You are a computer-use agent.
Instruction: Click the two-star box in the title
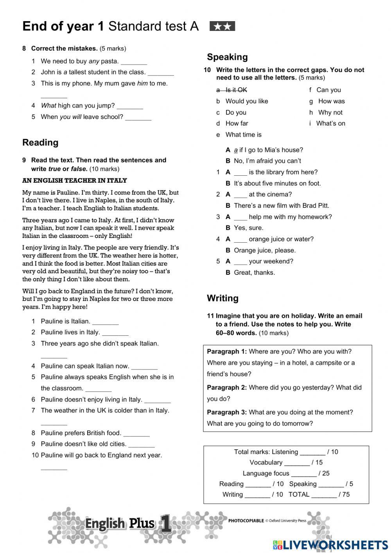click(222, 26)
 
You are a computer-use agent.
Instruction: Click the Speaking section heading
click(227, 57)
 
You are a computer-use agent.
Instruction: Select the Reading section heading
click(40, 142)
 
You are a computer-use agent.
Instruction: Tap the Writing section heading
click(222, 298)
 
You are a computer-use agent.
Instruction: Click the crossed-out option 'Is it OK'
click(236, 90)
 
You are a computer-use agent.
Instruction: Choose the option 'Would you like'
click(246, 101)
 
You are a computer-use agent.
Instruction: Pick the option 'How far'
click(237, 124)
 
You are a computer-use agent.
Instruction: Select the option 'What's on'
click(330, 124)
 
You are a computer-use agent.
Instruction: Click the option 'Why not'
click(330, 113)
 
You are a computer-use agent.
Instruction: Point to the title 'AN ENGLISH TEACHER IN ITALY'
click(75, 181)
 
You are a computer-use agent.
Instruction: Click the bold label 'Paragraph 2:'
click(227, 388)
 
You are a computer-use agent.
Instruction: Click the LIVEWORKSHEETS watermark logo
click(330, 545)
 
